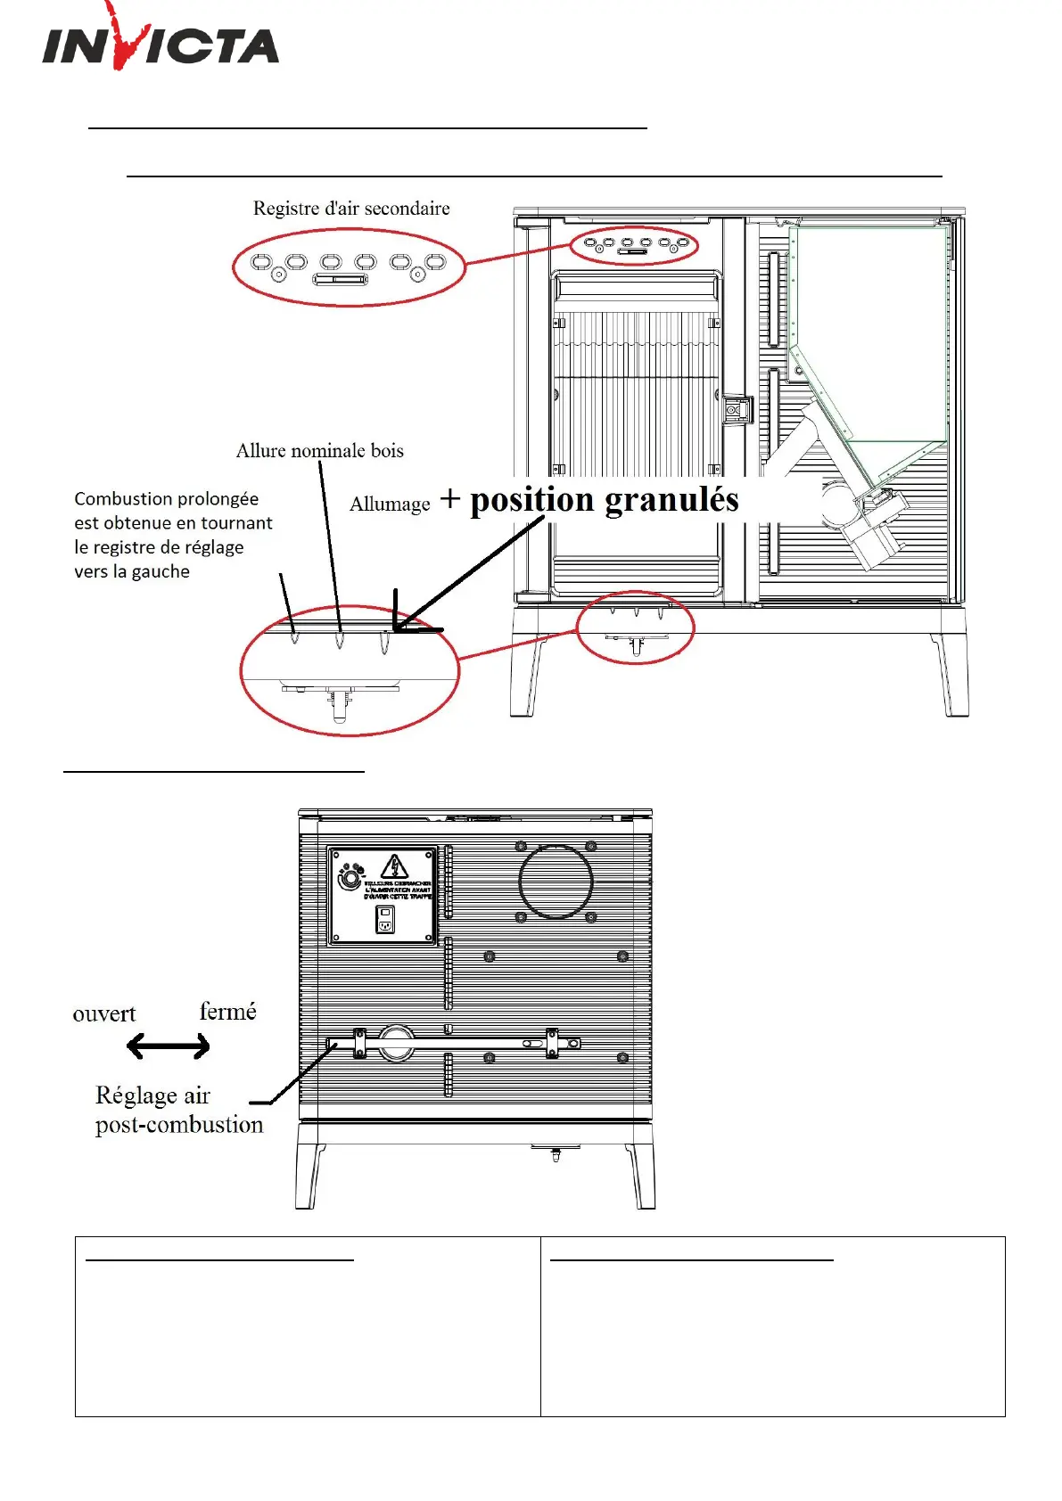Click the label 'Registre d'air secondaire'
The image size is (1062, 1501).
[351, 209]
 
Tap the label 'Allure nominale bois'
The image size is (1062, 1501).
[319, 451]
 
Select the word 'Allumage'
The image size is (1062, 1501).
[390, 504]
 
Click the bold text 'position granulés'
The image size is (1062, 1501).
[605, 500]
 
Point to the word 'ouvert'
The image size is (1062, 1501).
[104, 1014]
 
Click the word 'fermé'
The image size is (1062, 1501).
[227, 1012]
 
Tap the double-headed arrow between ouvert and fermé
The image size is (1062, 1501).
[168, 1046]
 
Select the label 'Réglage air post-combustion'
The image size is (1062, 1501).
[178, 1110]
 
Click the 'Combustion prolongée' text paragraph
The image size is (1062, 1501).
[172, 535]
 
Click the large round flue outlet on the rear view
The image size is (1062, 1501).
[556, 882]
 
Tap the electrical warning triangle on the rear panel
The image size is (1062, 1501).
[394, 866]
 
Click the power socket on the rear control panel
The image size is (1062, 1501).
[385, 920]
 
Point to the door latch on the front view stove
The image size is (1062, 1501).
[737, 410]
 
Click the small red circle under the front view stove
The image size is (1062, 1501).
[635, 627]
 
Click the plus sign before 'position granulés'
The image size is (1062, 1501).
[450, 499]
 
